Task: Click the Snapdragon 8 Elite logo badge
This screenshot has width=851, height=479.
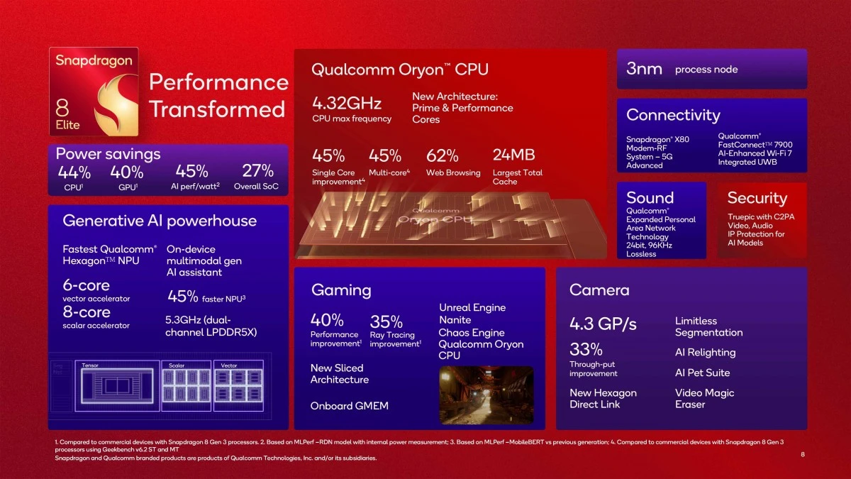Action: tap(94, 93)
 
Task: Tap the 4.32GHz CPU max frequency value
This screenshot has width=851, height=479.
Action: tap(337, 103)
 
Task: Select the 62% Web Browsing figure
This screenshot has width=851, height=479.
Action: tap(442, 155)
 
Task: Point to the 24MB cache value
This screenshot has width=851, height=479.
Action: tap(513, 155)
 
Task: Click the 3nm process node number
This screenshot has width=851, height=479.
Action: tap(644, 69)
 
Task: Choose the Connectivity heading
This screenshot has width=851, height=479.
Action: tap(672, 115)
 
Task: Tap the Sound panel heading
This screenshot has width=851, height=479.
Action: tap(650, 198)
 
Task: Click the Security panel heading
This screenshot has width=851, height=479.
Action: tap(757, 198)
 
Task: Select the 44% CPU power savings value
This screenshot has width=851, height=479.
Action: tap(74, 172)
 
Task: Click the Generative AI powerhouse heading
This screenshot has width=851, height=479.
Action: tap(160, 221)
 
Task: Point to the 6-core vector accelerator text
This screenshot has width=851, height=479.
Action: tap(87, 285)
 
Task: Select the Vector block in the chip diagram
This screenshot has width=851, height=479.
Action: tap(238, 385)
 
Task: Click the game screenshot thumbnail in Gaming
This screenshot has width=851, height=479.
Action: tap(486, 394)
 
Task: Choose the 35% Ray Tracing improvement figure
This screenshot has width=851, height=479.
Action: tap(386, 321)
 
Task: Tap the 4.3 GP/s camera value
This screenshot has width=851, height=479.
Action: tap(603, 324)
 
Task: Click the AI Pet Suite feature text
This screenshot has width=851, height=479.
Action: tap(702, 373)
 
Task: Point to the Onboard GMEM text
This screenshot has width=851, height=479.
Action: tap(349, 406)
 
